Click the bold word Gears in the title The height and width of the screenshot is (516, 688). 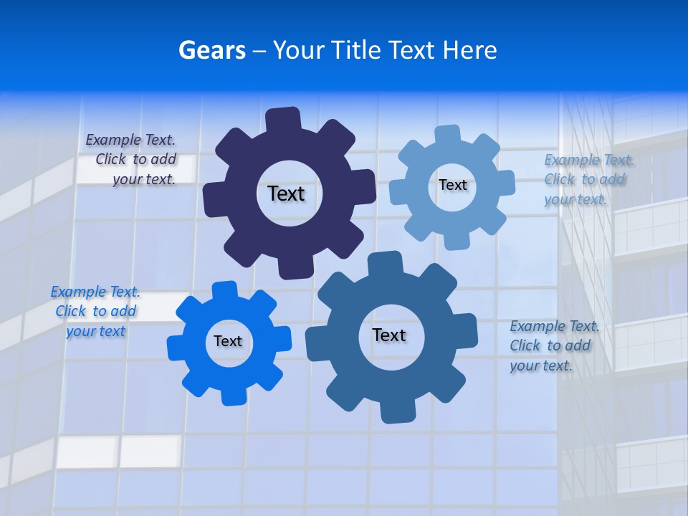point(211,50)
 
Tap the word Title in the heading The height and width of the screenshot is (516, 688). point(355,50)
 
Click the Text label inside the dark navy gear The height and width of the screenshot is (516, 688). point(286,193)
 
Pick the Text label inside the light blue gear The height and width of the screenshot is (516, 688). point(452,185)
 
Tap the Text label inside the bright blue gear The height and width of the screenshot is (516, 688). point(228,341)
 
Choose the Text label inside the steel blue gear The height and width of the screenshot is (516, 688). point(389,335)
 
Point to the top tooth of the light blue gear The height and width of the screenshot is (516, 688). point(448,135)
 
